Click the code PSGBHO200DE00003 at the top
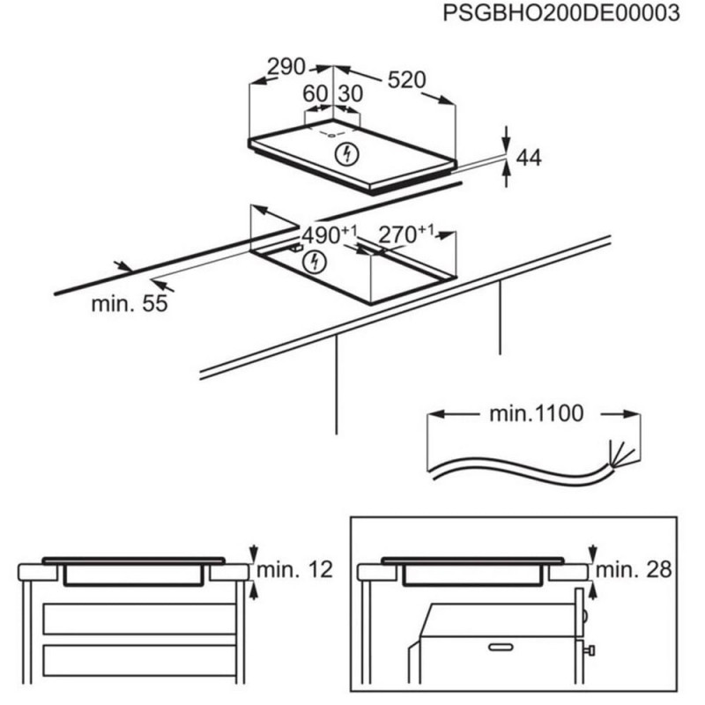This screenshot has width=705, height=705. coord(562,14)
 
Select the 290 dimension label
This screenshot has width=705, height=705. coord(286,67)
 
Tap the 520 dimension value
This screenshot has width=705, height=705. coord(407,79)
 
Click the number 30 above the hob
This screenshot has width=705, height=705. coord(350,93)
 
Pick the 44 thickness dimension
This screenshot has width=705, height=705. coord(528,158)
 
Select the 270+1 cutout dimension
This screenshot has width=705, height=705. coord(405,234)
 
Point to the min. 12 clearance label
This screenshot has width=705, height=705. coord(295,570)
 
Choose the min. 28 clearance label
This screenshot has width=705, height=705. coord(634,570)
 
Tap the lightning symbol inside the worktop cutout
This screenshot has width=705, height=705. coord(315,262)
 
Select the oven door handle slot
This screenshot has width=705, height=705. coord(501,648)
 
